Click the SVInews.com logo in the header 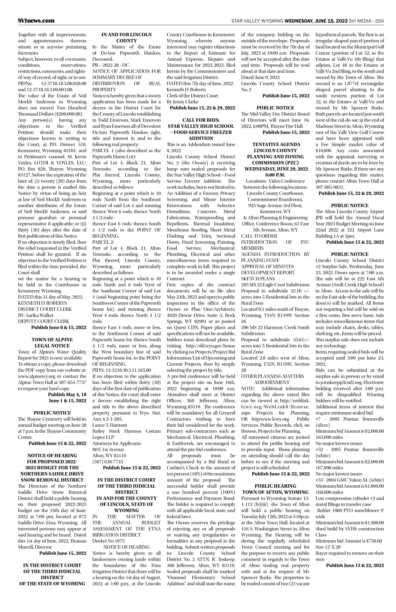pyautogui.click(x=36, y=21)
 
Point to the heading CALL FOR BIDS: pyautogui.click(x=201, y=120)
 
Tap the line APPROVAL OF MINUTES pyautogui.click(x=267, y=266)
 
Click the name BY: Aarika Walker pyautogui.click(x=36, y=315)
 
